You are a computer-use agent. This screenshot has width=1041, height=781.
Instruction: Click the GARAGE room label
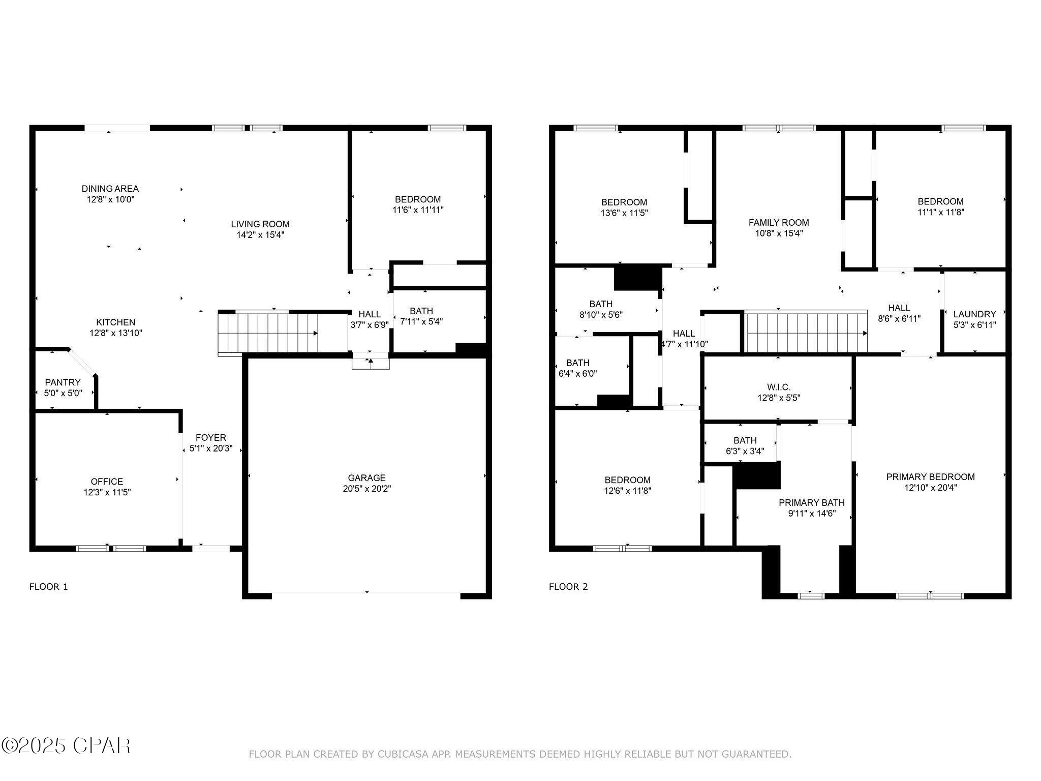point(366,477)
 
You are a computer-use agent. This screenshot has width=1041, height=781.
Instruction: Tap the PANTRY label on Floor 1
point(63,382)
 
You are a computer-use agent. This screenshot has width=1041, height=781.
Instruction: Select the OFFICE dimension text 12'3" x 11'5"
point(107,492)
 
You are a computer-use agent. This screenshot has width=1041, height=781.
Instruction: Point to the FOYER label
point(211,437)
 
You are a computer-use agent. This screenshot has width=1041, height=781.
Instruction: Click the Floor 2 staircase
point(806,333)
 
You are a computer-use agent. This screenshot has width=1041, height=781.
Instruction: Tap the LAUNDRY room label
point(974,314)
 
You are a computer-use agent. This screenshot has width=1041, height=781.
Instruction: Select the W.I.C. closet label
point(779,387)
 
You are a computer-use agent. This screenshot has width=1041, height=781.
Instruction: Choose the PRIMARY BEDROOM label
point(930,477)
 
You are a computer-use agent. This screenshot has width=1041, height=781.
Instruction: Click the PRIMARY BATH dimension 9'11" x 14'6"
point(812,514)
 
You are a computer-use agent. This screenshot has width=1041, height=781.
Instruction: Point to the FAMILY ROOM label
point(778,223)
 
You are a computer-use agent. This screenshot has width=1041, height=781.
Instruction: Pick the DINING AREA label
point(110,189)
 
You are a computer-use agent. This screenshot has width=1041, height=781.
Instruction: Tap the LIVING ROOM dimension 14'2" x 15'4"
point(260,235)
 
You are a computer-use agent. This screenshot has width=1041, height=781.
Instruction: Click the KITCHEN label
point(116,322)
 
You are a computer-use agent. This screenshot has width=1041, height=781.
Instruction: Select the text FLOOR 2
point(568,587)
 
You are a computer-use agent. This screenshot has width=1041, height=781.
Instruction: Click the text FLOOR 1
point(48,587)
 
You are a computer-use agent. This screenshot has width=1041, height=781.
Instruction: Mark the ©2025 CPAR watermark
point(66,746)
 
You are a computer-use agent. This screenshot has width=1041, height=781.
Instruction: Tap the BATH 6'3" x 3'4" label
point(745,440)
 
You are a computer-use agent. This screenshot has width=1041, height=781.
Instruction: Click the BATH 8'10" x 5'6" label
point(601,304)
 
